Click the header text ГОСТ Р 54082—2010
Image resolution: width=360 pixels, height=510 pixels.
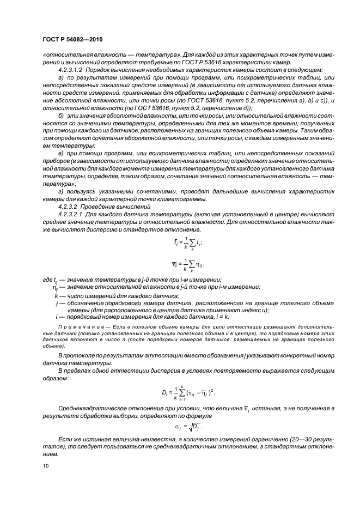[x=72, y=40]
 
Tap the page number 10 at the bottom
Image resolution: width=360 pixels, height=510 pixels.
[x=45, y=465]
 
